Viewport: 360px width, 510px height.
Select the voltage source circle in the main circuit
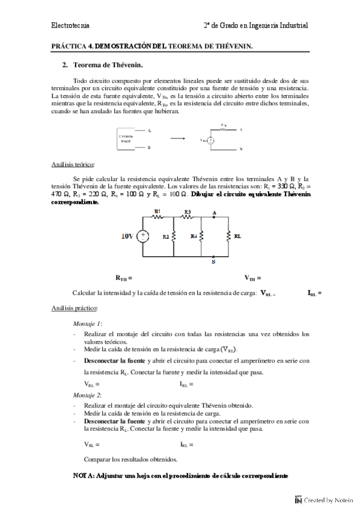pyautogui.click(x=144, y=236)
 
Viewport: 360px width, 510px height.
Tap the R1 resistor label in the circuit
pyautogui.click(x=157, y=212)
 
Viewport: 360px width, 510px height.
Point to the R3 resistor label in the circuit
pyautogui.click(x=188, y=212)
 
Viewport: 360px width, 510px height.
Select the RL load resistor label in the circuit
pyautogui.click(x=237, y=237)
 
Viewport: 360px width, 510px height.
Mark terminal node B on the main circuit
pyautogui.click(x=215, y=262)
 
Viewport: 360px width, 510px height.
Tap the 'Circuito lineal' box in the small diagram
pyautogui.click(x=127, y=138)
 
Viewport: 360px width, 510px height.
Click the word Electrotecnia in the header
pyautogui.click(x=71, y=25)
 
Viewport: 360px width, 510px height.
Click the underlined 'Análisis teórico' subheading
pyautogui.click(x=73, y=164)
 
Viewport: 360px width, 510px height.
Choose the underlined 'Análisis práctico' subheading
pyautogui.click(x=75, y=307)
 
